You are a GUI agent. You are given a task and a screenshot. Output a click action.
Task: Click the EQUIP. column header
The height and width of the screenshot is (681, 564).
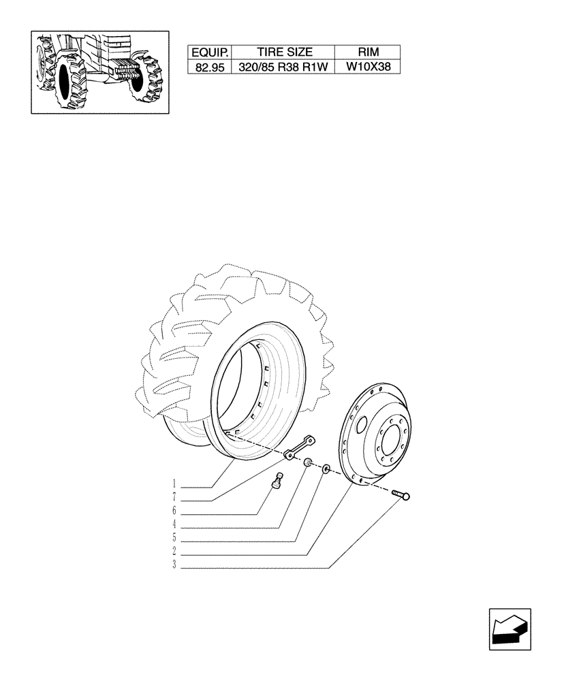tap(209, 52)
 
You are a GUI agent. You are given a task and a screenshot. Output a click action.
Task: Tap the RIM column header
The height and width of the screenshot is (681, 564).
tap(368, 52)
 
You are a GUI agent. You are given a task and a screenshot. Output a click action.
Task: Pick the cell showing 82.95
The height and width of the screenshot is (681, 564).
tap(209, 67)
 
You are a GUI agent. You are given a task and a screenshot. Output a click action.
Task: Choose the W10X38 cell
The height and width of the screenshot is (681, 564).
tap(368, 67)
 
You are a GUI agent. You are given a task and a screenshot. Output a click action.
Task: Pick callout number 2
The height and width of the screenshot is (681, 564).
tap(174, 553)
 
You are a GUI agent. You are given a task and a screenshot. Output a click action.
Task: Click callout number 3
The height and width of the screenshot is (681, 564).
tap(174, 567)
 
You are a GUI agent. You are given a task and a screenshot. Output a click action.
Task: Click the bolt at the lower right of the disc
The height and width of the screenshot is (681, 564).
tap(402, 495)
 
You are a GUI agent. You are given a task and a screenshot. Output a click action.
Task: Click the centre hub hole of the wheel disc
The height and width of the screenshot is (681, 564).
tap(390, 447)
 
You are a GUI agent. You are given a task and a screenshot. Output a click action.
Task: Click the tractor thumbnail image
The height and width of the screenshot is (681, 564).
tap(99, 72)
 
